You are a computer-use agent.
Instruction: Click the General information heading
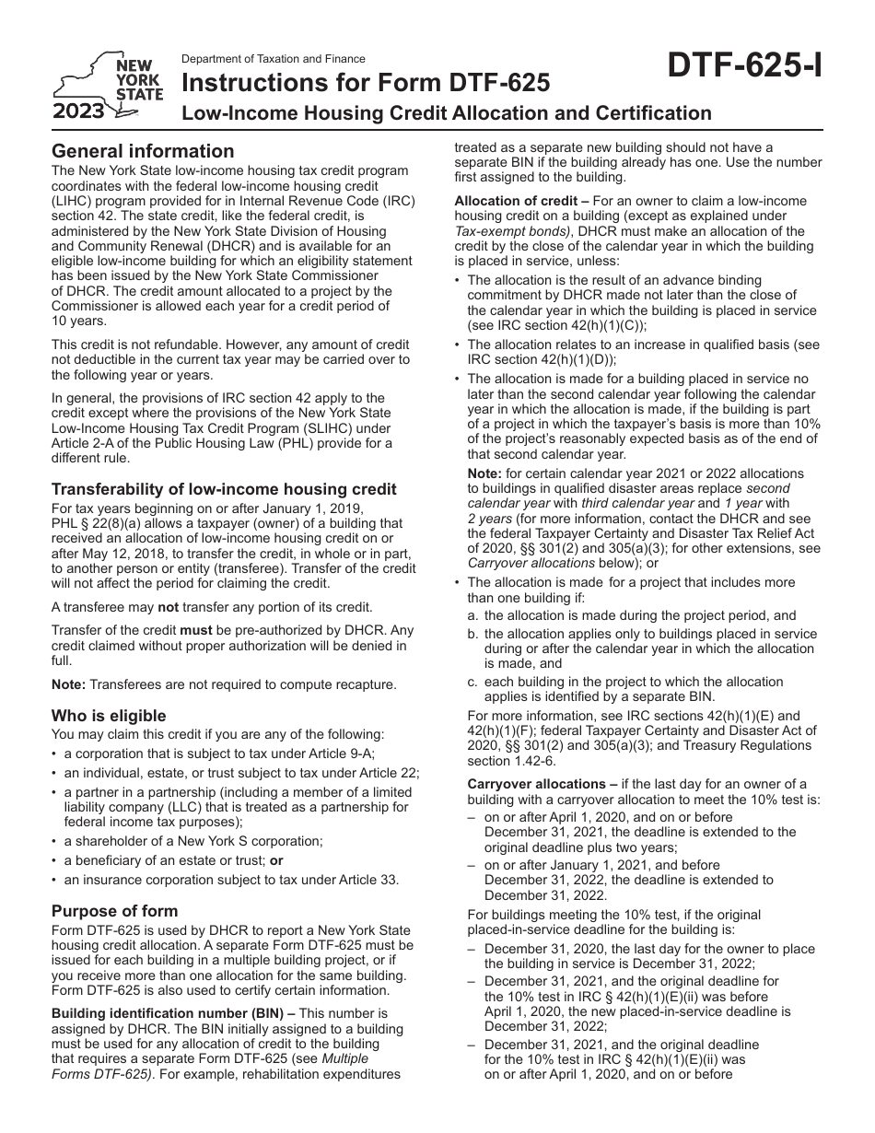coord(143,151)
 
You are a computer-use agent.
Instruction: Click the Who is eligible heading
coord(109,716)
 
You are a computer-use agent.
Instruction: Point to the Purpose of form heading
coord(114,911)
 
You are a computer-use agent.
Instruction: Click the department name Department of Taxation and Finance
coord(273,58)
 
